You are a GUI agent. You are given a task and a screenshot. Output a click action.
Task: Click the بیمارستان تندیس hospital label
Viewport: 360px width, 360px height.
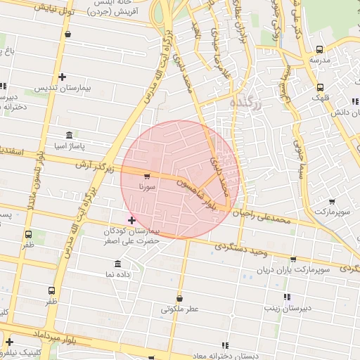pyautogui.click(x=62, y=89)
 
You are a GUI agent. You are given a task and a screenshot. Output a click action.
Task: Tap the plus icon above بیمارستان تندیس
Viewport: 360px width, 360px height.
pyautogui.click(x=63, y=77)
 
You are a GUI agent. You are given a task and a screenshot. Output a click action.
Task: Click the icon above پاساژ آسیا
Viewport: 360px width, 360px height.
pyautogui.click(x=68, y=134)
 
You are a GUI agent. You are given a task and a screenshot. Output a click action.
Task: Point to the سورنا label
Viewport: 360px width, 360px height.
pyautogui.click(x=146, y=188)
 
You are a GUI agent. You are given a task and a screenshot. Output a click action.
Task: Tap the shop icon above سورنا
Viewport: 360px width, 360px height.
pyautogui.click(x=146, y=176)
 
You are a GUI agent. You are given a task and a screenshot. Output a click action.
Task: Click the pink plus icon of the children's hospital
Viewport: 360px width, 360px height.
pyautogui.click(x=131, y=221)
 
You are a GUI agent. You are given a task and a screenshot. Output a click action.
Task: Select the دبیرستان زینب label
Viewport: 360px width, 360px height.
pyautogui.click(x=287, y=308)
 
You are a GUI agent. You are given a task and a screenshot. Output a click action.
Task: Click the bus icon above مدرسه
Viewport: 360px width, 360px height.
pyautogui.click(x=320, y=49)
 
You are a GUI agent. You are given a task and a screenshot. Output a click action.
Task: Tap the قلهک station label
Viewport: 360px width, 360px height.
pyautogui.click(x=320, y=99)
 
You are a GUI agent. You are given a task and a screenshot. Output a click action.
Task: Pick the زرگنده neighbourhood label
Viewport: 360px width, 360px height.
pyautogui.click(x=246, y=103)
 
